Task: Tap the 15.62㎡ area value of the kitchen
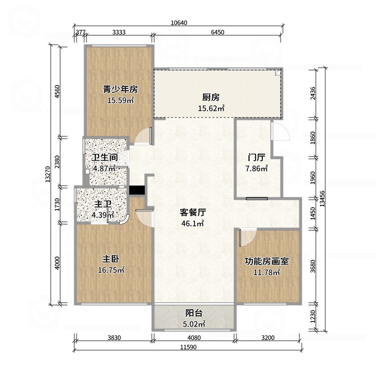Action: click(x=211, y=108)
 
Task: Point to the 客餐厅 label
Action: click(x=193, y=212)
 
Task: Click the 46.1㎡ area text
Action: click(x=193, y=224)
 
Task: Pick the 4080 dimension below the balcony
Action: click(x=193, y=337)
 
